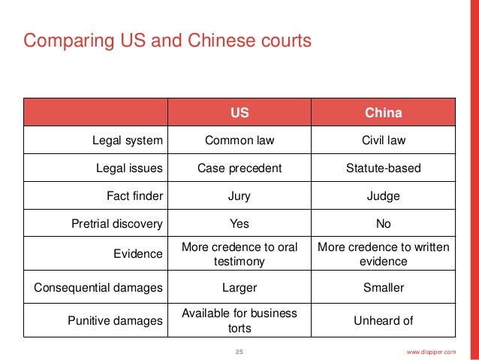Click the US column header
pos(239,113)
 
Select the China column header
pos(383,113)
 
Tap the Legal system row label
pos(129,140)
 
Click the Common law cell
pos(239,140)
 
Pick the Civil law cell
pos(383,140)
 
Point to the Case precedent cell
pos(239,168)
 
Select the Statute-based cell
pos(383,168)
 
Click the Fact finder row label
pos(135,196)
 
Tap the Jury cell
pos(239,196)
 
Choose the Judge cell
pos(383,196)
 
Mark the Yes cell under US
pos(239,224)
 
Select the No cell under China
pos(383,224)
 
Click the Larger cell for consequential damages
pos(239,288)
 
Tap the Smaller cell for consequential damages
pos(383,288)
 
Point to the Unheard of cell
pos(383,321)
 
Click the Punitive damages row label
pos(116,321)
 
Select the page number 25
pos(239,352)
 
